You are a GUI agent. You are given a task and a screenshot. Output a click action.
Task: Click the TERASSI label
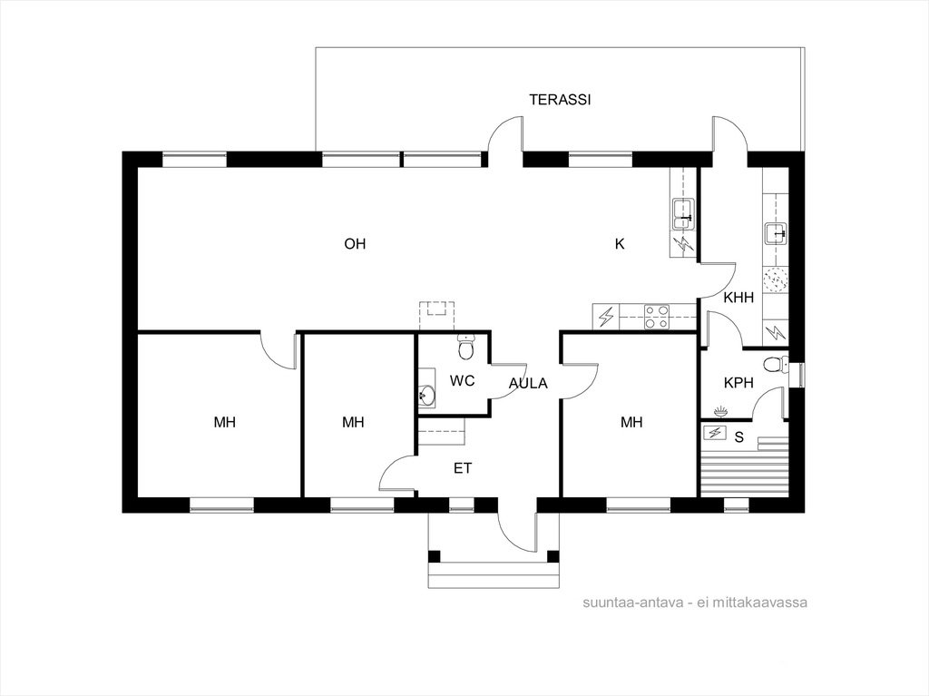(x=560, y=100)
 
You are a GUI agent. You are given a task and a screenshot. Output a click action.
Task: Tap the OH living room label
(x=355, y=244)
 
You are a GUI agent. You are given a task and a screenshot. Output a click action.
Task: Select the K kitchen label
(x=620, y=244)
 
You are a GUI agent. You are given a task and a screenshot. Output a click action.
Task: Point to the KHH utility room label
(x=738, y=298)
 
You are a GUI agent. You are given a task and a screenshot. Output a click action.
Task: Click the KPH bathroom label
(x=738, y=383)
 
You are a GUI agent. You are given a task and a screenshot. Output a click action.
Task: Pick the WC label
(x=462, y=380)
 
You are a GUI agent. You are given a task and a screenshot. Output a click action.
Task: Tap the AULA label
(x=529, y=384)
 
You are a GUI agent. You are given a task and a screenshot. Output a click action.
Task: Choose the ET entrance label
(x=463, y=468)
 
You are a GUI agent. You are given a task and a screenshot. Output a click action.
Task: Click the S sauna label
(x=738, y=437)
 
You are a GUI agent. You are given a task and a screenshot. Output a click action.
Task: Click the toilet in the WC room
(x=467, y=347)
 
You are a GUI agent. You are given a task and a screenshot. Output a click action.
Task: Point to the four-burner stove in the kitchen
(x=657, y=317)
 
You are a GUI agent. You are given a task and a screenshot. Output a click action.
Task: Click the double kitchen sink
(x=683, y=215)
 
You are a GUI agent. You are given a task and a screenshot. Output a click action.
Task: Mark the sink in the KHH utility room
(x=776, y=233)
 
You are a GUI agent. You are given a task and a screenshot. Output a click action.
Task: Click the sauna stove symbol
(x=715, y=433)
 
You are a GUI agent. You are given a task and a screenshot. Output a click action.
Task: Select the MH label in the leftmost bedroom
(x=225, y=422)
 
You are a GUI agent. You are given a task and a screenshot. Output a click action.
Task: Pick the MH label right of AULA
(x=631, y=422)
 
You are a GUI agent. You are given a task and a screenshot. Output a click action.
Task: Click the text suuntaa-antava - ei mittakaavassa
(x=695, y=603)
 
